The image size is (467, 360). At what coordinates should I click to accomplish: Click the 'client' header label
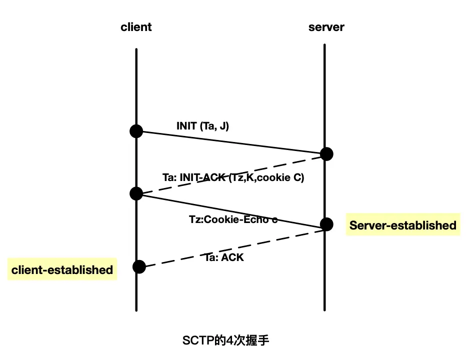point(136,27)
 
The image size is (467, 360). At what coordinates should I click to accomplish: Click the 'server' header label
point(326,27)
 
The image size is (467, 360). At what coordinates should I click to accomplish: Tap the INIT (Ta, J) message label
point(202,126)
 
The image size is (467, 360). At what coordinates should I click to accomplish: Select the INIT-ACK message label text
point(233,177)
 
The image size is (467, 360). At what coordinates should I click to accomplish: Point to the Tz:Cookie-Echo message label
point(233,219)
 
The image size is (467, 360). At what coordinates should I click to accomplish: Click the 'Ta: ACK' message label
point(224,258)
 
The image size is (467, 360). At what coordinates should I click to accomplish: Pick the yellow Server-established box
point(402,225)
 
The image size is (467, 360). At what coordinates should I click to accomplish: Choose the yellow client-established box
point(62,270)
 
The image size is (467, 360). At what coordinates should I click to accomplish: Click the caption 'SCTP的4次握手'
point(226,341)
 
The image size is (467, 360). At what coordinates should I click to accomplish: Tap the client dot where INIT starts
point(136,131)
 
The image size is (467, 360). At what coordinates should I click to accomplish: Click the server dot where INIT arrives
point(326,153)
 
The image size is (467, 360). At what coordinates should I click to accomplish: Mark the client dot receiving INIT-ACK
point(136,193)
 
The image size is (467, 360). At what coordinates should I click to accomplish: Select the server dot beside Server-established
point(326,224)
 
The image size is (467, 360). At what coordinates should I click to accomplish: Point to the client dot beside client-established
point(139,267)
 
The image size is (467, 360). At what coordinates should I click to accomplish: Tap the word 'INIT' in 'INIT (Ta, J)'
point(186,126)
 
